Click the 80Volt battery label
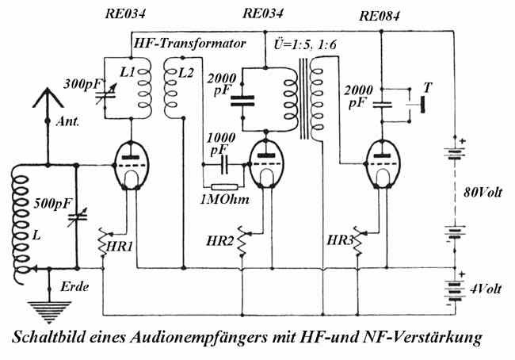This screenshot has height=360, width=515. click(x=485, y=193)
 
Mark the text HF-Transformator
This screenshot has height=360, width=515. click(x=187, y=44)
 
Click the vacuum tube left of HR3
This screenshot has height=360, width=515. click(x=383, y=162)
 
